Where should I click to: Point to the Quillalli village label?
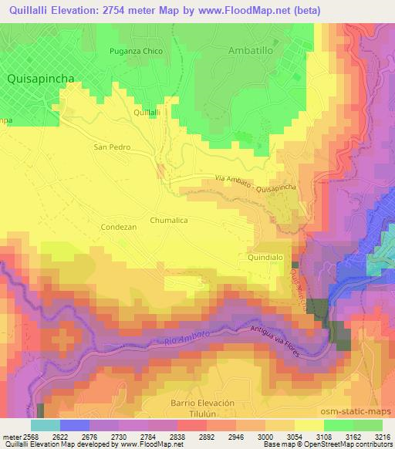[147, 113]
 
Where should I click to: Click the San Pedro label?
[112, 147]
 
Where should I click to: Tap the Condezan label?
[118, 228]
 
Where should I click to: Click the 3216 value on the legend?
[381, 434]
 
